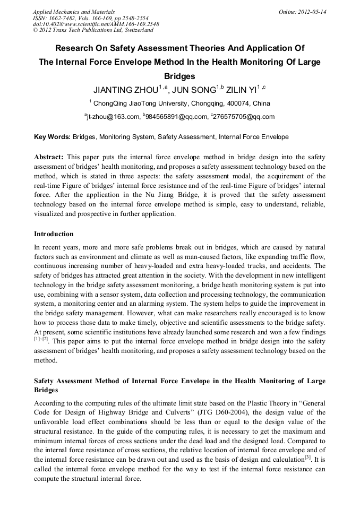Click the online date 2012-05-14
coord(312,12)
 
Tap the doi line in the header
coord(96,24)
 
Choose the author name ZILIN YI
coord(241,89)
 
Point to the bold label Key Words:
coord(52,137)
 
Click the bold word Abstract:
coord(49,157)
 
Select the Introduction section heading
coord(54,234)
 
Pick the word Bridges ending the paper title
coord(179,76)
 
